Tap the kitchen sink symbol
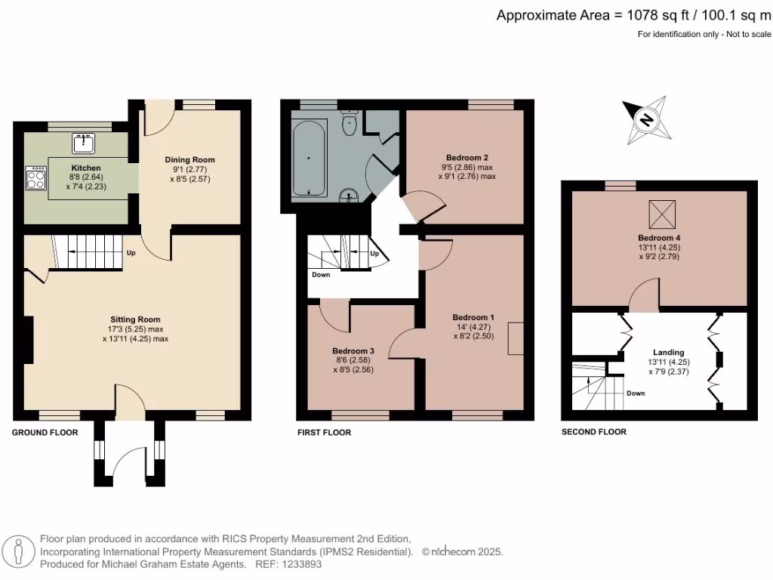[x=83, y=141]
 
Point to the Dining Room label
[x=189, y=159]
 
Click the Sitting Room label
[x=135, y=319]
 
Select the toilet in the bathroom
[x=350, y=123]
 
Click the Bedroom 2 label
[x=467, y=158]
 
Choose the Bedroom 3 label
[x=353, y=350]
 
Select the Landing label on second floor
[x=668, y=352]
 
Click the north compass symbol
[x=646, y=120]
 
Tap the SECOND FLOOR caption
[x=594, y=432]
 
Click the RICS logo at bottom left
[x=20, y=551]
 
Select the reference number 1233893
[x=305, y=564]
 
